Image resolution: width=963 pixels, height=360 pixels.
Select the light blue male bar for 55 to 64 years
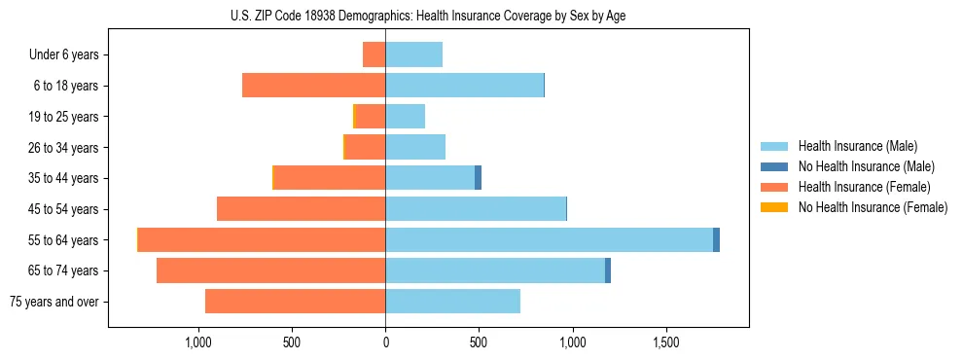(549, 239)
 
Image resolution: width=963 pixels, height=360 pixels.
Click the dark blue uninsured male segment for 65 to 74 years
(608, 270)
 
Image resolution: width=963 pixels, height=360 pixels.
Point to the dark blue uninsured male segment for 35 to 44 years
(478, 178)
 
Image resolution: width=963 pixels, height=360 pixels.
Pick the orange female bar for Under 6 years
(374, 54)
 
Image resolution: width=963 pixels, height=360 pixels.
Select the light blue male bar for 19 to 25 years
(405, 117)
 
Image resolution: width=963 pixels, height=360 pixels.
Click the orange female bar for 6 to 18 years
(313, 86)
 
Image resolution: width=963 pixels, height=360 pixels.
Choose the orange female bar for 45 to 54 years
(301, 209)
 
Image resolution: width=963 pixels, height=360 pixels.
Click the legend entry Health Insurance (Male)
(857, 146)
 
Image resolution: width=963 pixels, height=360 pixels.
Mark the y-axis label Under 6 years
(64, 55)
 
